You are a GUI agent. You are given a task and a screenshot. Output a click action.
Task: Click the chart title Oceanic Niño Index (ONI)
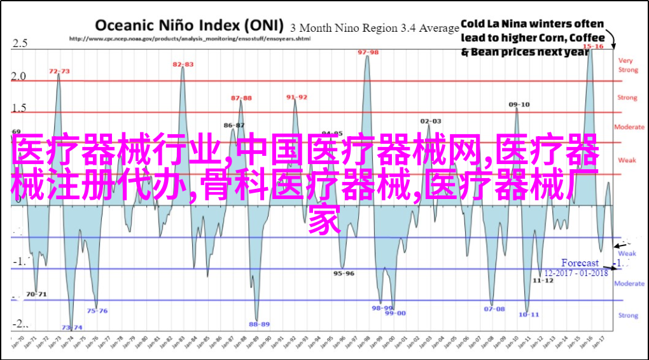tap(190, 25)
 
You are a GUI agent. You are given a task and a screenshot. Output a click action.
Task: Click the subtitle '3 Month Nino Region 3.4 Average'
tap(375, 28)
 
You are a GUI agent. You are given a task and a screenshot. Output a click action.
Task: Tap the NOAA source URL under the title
tap(190, 38)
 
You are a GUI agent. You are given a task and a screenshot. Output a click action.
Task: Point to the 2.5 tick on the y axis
tap(18, 43)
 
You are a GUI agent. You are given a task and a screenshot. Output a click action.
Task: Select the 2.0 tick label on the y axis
tap(18, 76)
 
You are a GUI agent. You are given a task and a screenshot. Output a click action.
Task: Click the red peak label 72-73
tap(59, 71)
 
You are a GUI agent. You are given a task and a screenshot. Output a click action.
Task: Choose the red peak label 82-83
tap(183, 64)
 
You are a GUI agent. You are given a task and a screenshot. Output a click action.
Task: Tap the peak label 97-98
tap(368, 52)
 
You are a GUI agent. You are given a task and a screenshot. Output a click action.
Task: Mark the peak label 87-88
tap(241, 98)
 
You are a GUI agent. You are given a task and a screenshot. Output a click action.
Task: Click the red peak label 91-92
tap(297, 97)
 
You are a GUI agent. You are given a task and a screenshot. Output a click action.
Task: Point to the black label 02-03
tap(431, 120)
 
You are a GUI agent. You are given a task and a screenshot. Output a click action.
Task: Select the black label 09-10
tap(519, 104)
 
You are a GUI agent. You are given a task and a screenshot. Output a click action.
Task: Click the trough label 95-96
tap(344, 273)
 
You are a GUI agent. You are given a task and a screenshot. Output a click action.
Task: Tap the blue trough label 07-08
tap(494, 309)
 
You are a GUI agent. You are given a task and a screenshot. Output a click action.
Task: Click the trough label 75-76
tap(97, 311)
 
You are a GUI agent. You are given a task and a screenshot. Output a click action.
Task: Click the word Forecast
tap(580, 263)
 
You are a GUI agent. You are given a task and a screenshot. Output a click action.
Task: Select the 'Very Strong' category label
tap(627, 65)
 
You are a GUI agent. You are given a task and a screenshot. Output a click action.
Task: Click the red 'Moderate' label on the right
tap(629, 127)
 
